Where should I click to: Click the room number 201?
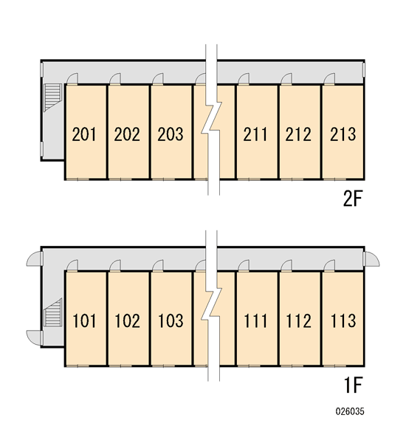point(84,134)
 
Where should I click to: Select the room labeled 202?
point(127,134)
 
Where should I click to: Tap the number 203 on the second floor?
point(170,134)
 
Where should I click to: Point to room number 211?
point(255,134)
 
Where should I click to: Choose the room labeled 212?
point(298,134)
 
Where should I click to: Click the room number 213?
point(343,134)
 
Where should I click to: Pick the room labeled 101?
point(84,320)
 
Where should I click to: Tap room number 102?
point(127,320)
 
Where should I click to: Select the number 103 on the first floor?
point(171,320)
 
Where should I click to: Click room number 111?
point(255,320)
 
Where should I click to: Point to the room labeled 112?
point(298,320)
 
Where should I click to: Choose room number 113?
point(343,320)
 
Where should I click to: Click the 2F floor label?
point(352,199)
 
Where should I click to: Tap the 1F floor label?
point(353,385)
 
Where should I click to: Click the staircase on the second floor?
point(53,97)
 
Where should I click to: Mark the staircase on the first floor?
point(53,312)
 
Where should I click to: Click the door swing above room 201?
point(72,78)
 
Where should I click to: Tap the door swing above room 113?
point(329,265)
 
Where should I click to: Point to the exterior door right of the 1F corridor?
point(372,259)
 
